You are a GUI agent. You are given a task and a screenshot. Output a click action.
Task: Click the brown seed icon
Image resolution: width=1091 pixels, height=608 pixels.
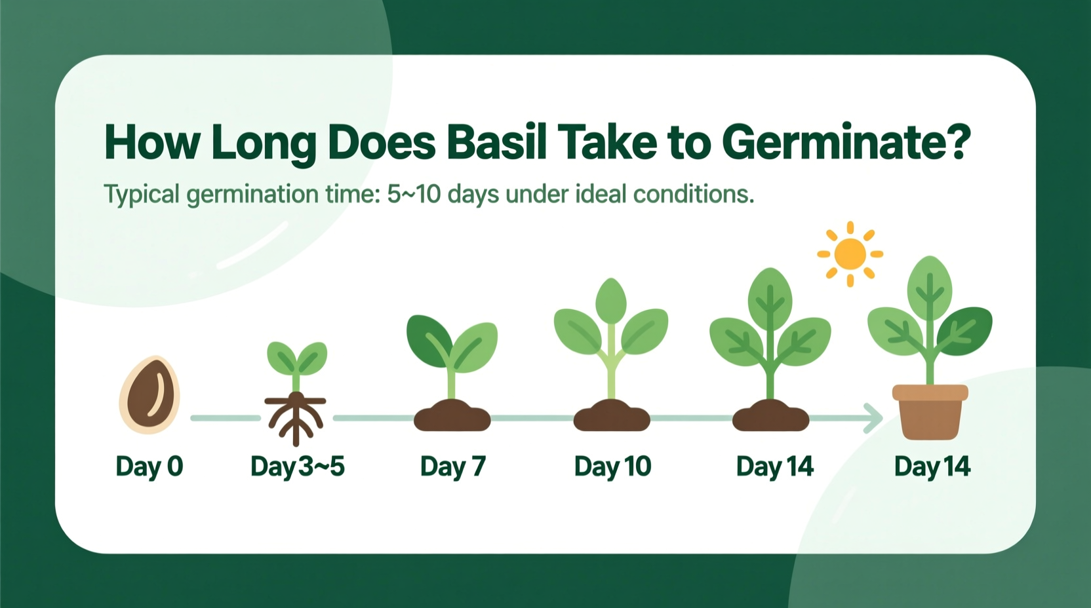point(149,394)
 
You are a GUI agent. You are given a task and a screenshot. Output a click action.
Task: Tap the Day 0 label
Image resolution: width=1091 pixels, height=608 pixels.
point(149,466)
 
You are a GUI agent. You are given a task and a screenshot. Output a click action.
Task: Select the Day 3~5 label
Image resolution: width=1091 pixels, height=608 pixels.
point(298,466)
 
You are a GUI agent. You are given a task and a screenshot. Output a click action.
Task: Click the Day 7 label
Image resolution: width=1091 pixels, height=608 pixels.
point(453,466)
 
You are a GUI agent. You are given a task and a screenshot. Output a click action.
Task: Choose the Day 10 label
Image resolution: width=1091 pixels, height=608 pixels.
point(612,466)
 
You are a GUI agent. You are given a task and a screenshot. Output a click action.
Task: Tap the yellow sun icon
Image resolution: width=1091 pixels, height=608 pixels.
point(850,254)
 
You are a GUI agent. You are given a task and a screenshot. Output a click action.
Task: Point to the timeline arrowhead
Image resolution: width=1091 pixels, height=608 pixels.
point(873,418)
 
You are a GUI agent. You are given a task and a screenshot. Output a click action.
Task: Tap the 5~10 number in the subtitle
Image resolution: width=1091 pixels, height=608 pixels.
point(414,195)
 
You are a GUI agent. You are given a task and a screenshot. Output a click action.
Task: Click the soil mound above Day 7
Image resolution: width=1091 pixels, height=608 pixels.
point(452,416)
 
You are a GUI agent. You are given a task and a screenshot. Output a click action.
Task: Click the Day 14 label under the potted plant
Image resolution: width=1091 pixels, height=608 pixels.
point(932,466)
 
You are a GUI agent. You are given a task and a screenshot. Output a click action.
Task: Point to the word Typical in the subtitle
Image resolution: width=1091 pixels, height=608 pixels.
point(142,195)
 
